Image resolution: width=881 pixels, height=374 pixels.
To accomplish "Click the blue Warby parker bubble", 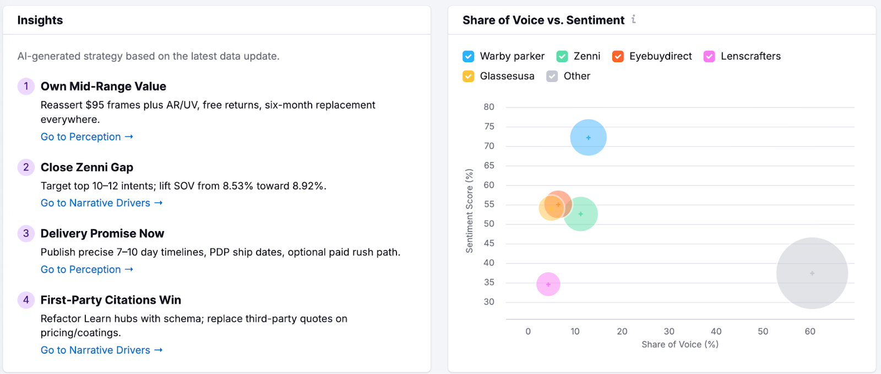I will click(x=588, y=137).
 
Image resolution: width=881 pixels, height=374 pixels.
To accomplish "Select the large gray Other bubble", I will click(x=812, y=273).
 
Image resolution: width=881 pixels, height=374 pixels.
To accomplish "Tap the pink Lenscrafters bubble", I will click(x=548, y=284).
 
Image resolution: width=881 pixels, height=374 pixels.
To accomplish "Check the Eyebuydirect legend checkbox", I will click(x=618, y=57).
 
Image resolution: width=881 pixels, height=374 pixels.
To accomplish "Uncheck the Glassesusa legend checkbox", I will click(x=468, y=76).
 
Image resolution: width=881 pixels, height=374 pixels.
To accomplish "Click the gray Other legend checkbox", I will click(x=552, y=76).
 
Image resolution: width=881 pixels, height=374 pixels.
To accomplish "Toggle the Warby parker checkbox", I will click(x=468, y=57).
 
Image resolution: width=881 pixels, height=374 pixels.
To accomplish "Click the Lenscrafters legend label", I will click(x=750, y=56).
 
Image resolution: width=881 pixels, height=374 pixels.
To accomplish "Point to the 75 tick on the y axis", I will click(x=489, y=127).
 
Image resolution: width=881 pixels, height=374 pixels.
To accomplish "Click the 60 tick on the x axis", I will click(x=809, y=332).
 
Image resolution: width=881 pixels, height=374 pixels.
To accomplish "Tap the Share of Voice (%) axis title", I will click(x=679, y=344).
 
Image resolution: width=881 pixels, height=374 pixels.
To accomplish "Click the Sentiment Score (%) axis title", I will click(x=469, y=211).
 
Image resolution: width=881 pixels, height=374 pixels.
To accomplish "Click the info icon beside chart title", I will click(x=633, y=20).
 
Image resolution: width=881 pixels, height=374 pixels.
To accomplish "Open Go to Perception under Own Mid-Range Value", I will click(x=86, y=137).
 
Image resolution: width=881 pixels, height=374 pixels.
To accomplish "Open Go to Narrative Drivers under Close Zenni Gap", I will click(x=101, y=203).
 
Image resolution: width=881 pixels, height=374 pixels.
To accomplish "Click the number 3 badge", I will click(x=26, y=233).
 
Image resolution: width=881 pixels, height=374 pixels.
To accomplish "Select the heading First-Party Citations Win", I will click(x=111, y=300).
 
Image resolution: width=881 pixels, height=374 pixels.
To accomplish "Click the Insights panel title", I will click(x=40, y=20).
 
